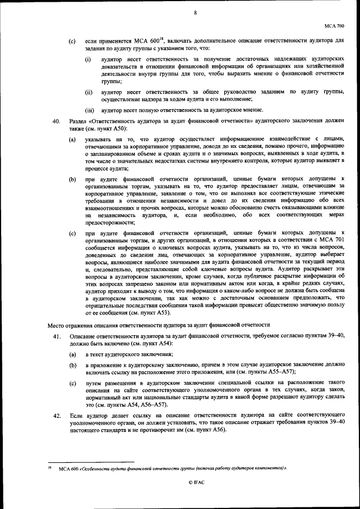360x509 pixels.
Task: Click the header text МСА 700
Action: [334, 26]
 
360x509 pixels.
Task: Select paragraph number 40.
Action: [56, 121]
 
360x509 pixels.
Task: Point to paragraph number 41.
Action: [56, 336]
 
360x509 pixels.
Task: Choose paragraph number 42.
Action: [56, 416]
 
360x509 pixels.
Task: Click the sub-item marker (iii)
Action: [89, 110]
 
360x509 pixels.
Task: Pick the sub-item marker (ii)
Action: [89, 91]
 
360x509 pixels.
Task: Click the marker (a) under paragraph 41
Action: [72, 354]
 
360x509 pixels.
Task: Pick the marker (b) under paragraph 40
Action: [72, 179]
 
